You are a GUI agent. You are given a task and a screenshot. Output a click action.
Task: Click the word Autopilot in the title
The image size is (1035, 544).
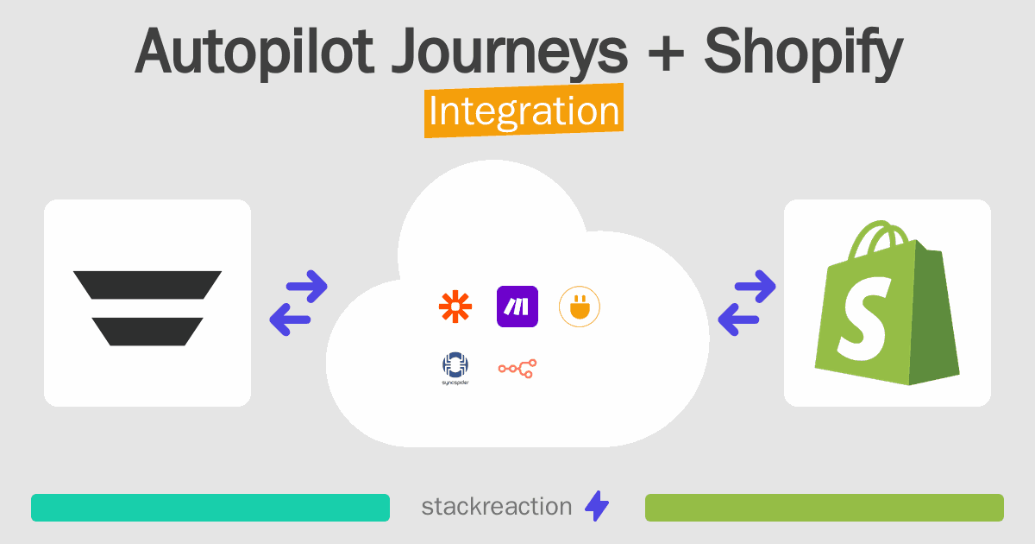click(254, 52)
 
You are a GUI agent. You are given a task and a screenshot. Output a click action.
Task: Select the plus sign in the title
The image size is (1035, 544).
click(666, 54)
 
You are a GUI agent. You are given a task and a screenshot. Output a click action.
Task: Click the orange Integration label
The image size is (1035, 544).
click(524, 111)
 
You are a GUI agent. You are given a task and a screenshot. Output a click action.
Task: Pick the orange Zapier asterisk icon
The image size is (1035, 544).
click(455, 307)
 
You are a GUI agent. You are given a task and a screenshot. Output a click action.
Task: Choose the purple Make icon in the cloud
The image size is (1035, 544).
click(517, 307)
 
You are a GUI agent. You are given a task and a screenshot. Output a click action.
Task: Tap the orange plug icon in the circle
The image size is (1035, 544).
click(580, 307)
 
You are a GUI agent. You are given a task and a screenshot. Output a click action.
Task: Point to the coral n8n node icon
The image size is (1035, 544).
click(517, 369)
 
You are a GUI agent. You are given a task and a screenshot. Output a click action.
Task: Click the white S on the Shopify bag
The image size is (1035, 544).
click(863, 319)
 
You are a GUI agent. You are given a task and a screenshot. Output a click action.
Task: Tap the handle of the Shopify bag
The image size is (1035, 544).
click(875, 239)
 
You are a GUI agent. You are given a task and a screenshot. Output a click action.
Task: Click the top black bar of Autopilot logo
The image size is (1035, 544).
click(147, 285)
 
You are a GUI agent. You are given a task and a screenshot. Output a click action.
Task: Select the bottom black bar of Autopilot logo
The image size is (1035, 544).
click(147, 332)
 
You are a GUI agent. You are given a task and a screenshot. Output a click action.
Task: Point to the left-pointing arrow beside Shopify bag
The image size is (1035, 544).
click(739, 319)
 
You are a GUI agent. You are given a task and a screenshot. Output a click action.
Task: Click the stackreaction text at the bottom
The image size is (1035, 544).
click(497, 507)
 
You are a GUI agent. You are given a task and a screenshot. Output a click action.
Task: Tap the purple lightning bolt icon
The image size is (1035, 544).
click(597, 506)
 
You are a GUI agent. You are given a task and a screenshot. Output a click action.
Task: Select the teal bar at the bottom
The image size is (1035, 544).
click(210, 508)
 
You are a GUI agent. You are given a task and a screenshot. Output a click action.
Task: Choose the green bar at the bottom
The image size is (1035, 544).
click(825, 508)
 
